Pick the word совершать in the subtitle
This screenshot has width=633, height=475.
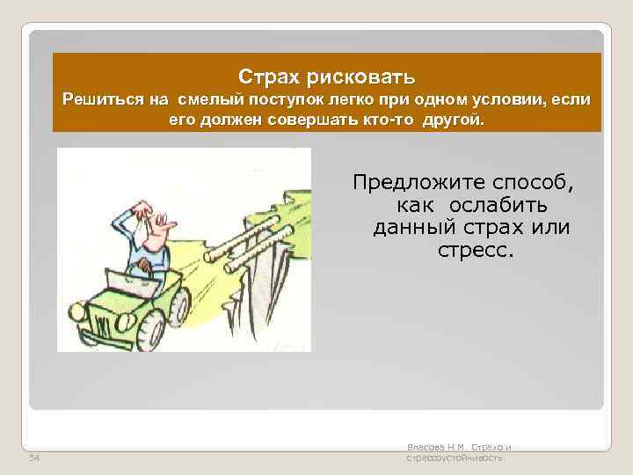coord(310,119)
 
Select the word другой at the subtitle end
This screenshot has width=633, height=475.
coord(452,119)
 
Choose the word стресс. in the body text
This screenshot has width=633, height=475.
coord(473,251)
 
